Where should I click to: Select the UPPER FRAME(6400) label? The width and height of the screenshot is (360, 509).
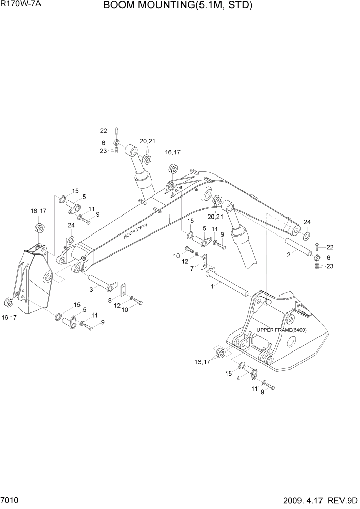(x=282, y=330)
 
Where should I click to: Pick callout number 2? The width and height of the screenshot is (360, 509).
(x=289, y=254)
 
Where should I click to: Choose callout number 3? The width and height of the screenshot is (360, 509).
(x=91, y=290)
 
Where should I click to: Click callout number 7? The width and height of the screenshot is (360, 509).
(x=192, y=268)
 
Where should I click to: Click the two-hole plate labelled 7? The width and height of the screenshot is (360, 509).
(x=204, y=262)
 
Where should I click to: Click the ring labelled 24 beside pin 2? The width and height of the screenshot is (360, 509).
(x=306, y=236)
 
